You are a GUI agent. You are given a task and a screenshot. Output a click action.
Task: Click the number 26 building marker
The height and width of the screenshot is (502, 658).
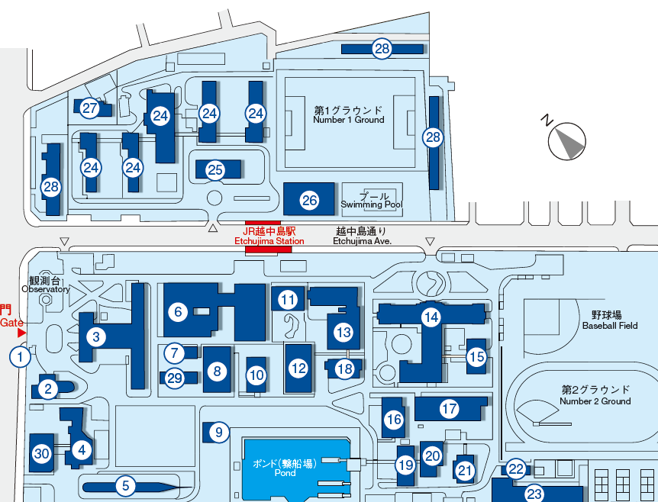309,201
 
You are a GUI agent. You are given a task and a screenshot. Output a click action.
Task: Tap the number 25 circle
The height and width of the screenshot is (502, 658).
215,169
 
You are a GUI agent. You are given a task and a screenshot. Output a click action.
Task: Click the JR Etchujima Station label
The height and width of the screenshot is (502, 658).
269,235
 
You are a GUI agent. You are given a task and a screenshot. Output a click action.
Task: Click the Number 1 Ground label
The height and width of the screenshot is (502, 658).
348,114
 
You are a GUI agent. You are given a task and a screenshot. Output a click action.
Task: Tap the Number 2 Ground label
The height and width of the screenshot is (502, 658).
595,394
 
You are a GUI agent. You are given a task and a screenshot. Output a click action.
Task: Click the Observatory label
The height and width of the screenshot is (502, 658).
46,285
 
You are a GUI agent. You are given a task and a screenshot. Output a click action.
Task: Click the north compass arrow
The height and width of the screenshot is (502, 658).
567,141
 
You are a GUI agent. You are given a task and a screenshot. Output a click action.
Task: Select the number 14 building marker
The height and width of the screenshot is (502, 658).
432,316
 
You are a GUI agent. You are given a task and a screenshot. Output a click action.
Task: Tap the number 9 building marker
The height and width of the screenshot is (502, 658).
218,433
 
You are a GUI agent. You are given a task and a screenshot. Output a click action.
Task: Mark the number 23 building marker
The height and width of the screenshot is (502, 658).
534,494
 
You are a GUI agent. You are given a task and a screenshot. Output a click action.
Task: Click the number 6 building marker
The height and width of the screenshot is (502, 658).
178,311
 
